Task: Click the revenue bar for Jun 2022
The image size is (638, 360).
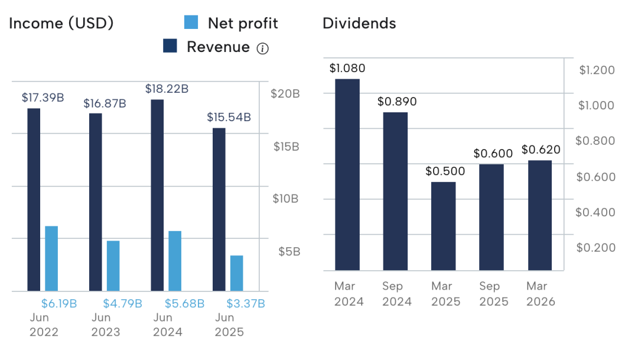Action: pyautogui.click(x=34, y=199)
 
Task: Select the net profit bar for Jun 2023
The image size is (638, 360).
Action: pyautogui.click(x=113, y=265)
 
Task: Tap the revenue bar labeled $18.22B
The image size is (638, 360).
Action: pyautogui.click(x=157, y=195)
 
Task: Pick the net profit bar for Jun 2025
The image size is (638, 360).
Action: pyautogui.click(x=236, y=273)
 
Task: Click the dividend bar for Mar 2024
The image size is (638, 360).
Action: pyautogui.click(x=347, y=174)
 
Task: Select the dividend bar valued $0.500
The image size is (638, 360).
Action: pyautogui.click(x=443, y=226)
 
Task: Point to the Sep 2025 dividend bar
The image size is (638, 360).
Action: pyautogui.click(x=491, y=217)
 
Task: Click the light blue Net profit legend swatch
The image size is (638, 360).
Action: pyautogui.click(x=191, y=23)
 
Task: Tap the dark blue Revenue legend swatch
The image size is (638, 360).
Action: pyautogui.click(x=170, y=47)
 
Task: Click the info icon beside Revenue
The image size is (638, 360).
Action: pyautogui.click(x=262, y=48)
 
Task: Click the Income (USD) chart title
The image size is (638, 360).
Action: pyautogui.click(x=61, y=23)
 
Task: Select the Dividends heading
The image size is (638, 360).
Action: pyautogui.click(x=359, y=23)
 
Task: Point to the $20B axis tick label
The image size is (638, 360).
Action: pyautogui.click(x=285, y=93)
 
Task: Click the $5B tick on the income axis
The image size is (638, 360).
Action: pyautogui.click(x=289, y=251)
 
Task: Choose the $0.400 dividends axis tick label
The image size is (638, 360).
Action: pyautogui.click(x=595, y=212)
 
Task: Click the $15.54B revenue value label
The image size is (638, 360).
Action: pyautogui.click(x=229, y=117)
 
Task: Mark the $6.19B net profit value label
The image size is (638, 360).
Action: pyautogui.click(x=59, y=303)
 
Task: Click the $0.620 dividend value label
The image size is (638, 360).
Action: pyautogui.click(x=541, y=150)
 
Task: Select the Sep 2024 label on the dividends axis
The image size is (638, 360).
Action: pyautogui.click(x=392, y=294)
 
